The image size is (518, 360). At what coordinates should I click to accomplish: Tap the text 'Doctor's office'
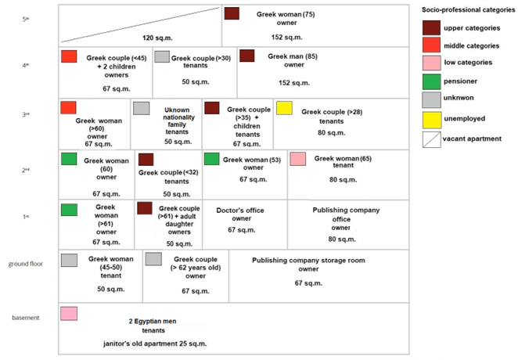click(241, 210)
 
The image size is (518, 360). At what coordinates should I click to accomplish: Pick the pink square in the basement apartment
click(69, 314)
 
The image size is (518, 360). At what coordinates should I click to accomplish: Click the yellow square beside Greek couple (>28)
click(284, 108)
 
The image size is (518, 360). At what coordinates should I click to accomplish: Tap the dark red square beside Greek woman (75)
click(232, 13)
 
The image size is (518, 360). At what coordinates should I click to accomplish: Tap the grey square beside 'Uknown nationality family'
click(141, 108)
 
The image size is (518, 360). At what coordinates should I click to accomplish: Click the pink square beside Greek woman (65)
click(297, 159)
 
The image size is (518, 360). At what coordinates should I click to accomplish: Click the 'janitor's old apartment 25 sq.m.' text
click(143, 344)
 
